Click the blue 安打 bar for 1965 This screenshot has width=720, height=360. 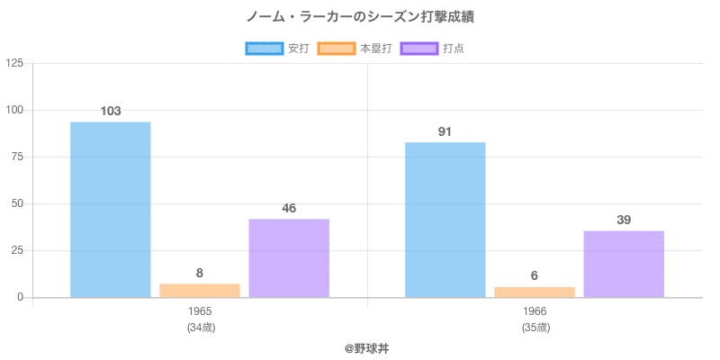click(111, 210)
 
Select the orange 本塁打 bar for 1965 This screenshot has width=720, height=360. click(200, 291)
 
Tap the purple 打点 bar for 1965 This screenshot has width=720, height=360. click(289, 258)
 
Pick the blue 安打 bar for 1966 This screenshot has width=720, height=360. click(445, 220)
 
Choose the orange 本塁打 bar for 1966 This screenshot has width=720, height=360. click(535, 292)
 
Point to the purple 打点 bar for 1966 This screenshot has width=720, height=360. click(624, 265)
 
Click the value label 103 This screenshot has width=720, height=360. click(111, 111)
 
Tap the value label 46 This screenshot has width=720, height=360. click(289, 208)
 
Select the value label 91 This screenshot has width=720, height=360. click(445, 131)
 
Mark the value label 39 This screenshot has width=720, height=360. click(624, 220)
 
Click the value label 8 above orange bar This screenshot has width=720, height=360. click(200, 273)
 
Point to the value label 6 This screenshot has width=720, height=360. click(535, 275)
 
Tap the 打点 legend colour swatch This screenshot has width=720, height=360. click(419, 48)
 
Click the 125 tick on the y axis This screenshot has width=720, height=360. click(15, 63)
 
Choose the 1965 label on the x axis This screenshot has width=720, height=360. click(201, 311)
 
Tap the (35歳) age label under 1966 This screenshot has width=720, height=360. click(535, 328)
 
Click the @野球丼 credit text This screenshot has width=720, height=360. click(366, 347)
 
